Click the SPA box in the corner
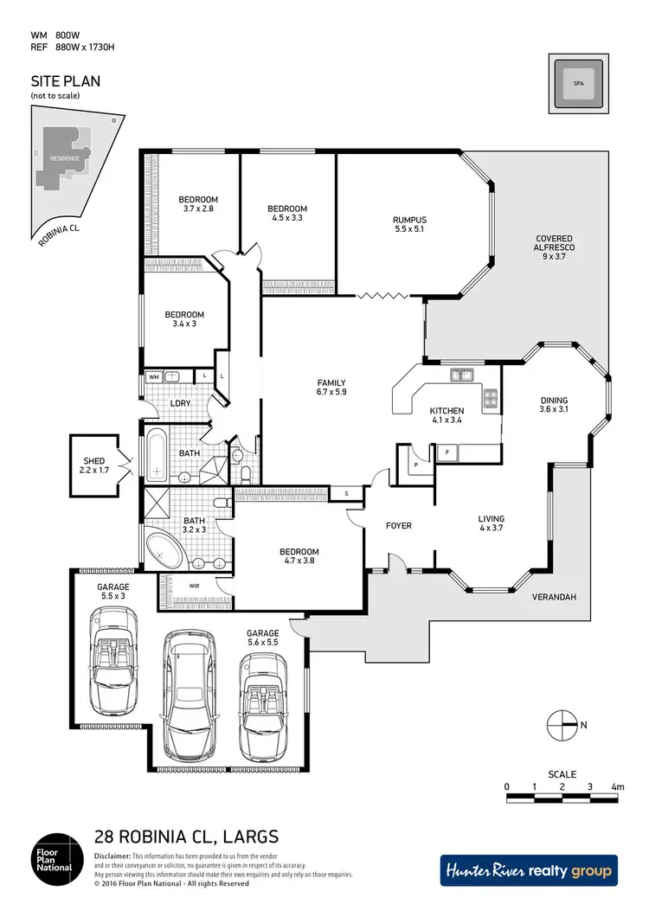578,84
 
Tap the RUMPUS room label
409,225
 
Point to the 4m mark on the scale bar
617,787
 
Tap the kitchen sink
460,375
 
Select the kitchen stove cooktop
491,398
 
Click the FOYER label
398,526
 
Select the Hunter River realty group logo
529,870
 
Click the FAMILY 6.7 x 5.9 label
331,388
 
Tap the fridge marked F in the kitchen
447,452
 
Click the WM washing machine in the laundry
153,377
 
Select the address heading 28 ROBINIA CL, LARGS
185,837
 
